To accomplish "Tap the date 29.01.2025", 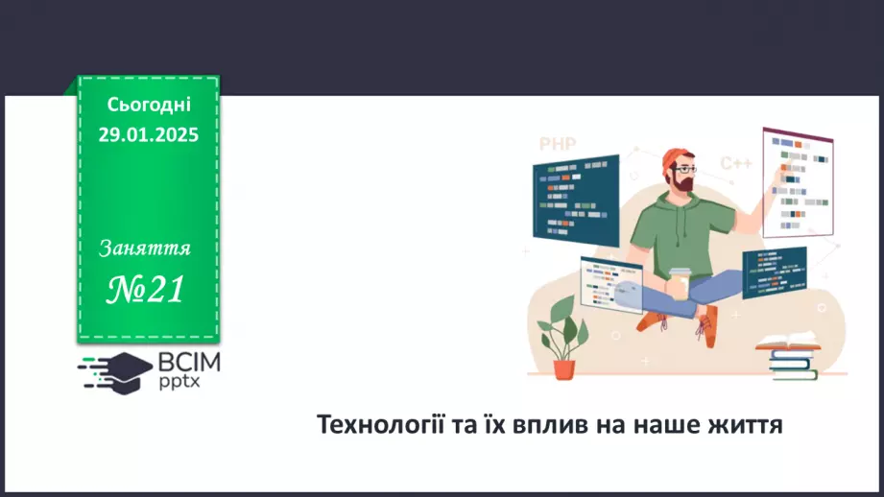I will (148, 134).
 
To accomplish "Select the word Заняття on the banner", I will (145, 248).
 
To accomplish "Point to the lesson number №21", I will (146, 288).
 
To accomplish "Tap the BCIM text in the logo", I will (189, 362).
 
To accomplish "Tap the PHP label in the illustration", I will (557, 144).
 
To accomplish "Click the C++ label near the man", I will (736, 163).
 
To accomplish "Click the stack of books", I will (792, 357).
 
